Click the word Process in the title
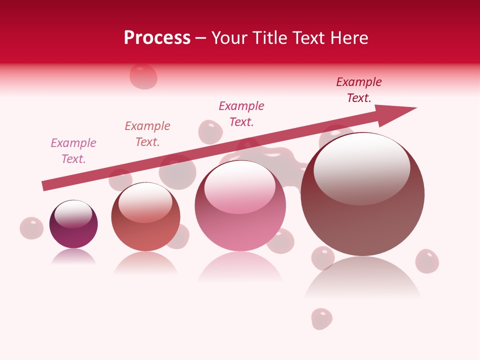point(157,38)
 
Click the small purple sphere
point(73,232)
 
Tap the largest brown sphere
point(362,220)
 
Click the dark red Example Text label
point(359,90)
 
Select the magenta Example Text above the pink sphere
point(241,114)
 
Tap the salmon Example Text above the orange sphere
point(147,134)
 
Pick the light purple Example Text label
point(73,151)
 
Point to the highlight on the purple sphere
point(73,213)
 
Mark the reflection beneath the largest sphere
point(362,277)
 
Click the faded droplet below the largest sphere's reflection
point(321,318)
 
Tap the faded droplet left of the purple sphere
point(31,228)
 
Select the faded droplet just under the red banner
point(143,76)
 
